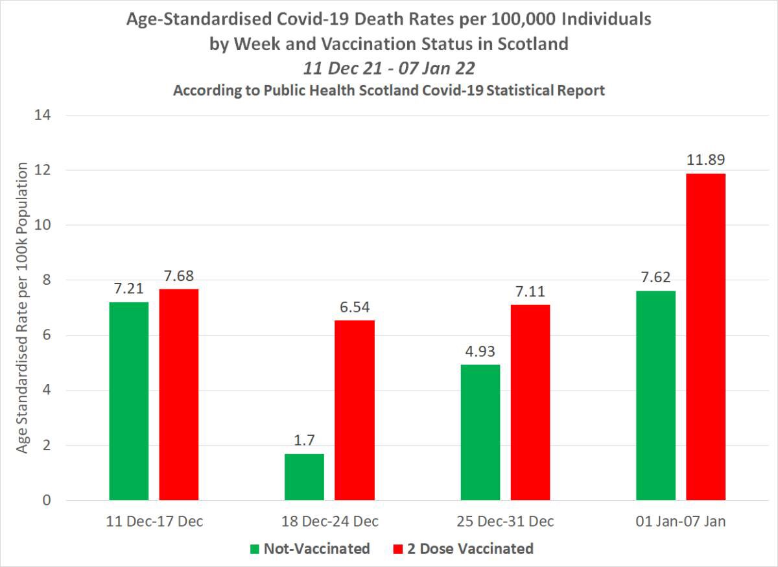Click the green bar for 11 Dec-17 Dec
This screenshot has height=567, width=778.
(x=128, y=401)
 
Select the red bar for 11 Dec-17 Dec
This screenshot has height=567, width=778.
(x=179, y=394)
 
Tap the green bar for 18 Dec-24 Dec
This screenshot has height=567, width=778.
(x=304, y=477)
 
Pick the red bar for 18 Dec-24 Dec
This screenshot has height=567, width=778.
(x=355, y=410)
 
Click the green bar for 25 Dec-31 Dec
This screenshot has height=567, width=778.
(x=480, y=432)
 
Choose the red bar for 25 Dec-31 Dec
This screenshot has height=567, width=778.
(x=530, y=402)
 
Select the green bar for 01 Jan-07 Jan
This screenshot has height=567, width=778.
(x=655, y=395)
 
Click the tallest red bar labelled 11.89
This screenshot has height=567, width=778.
(x=706, y=337)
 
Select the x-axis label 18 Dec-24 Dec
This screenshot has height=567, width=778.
(x=329, y=522)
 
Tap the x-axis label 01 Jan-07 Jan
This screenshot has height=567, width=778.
(x=681, y=522)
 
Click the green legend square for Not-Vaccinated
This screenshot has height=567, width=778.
(x=254, y=549)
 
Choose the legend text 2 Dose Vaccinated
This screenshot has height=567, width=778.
(x=470, y=549)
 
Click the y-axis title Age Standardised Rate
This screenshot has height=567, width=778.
(x=22, y=308)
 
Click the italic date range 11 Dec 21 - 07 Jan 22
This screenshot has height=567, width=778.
(x=389, y=67)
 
